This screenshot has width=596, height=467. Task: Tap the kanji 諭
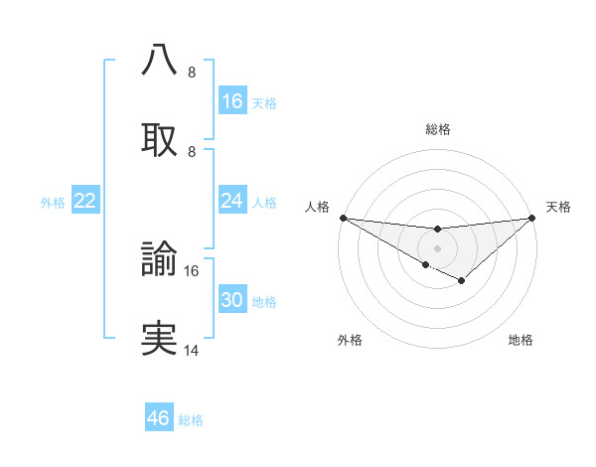pos(159,258)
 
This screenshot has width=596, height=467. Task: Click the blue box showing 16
pos(232,101)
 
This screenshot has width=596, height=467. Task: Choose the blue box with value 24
pos(232,201)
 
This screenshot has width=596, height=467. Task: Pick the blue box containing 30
pos(232,300)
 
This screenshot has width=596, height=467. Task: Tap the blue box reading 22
pos(85,201)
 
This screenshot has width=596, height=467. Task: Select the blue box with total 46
pos(159,418)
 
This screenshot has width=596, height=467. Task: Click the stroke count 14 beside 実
pos(192,351)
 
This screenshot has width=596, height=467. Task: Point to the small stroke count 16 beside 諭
pos(192,270)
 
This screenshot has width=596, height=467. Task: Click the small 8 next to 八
pos(192,72)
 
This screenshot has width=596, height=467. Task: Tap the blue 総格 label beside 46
pos(191,420)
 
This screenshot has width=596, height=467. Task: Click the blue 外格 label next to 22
pos(53,203)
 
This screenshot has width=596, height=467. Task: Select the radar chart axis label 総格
pos(438,129)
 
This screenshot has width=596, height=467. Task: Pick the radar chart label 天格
pos(558,207)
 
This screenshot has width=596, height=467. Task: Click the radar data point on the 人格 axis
pos(343,218)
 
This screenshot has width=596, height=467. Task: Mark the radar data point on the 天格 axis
pos(532,218)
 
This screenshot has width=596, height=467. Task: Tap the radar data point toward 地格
pos(462,281)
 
